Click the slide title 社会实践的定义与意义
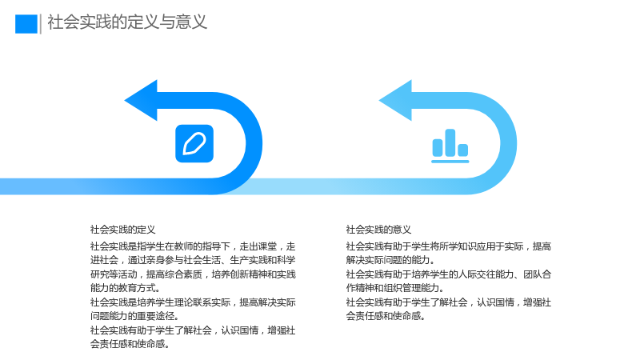127,22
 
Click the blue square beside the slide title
26,24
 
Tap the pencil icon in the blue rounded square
194,144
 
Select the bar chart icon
450,146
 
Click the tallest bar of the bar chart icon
450,142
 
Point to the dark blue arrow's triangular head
141,101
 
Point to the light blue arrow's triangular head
395,101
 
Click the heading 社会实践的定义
123,230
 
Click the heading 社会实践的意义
378,230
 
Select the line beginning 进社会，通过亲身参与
193,261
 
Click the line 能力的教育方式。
126,288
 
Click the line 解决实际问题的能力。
390,260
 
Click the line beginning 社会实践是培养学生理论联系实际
193,302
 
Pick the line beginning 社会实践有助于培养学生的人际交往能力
449,274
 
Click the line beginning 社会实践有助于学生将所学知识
449,246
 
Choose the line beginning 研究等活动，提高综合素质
193,274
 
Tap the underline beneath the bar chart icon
450,162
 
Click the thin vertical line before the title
41,24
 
